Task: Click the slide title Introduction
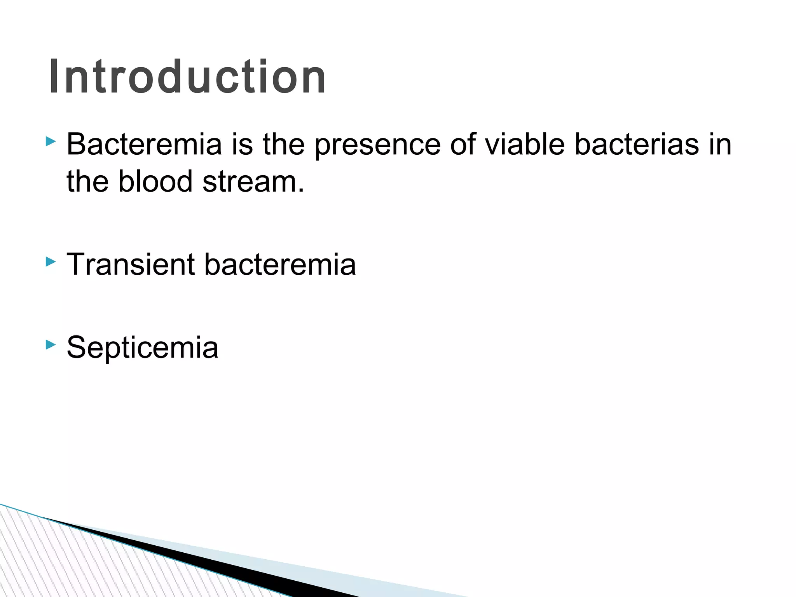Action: [x=187, y=77]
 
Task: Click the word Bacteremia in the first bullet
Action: [x=144, y=144]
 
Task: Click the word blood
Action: [x=155, y=182]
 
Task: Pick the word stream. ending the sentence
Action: [x=253, y=182]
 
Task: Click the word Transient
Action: [x=131, y=264]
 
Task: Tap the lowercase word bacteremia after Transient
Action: [x=280, y=264]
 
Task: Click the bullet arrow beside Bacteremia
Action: [x=51, y=141]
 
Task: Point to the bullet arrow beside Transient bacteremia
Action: [x=51, y=262]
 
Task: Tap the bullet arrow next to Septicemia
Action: [x=51, y=344]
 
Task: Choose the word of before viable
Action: [x=463, y=144]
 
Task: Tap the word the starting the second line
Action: [x=87, y=182]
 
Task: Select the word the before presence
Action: [x=283, y=144]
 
